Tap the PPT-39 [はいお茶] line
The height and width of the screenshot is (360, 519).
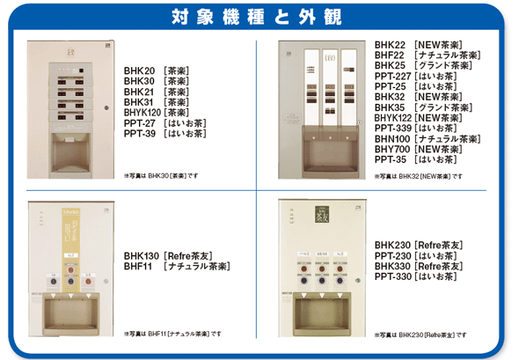(164, 135)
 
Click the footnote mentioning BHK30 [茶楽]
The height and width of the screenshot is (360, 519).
(162, 176)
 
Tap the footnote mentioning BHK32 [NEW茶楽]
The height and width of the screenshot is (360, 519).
(419, 177)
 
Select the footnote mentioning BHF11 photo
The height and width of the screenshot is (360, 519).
(172, 334)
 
